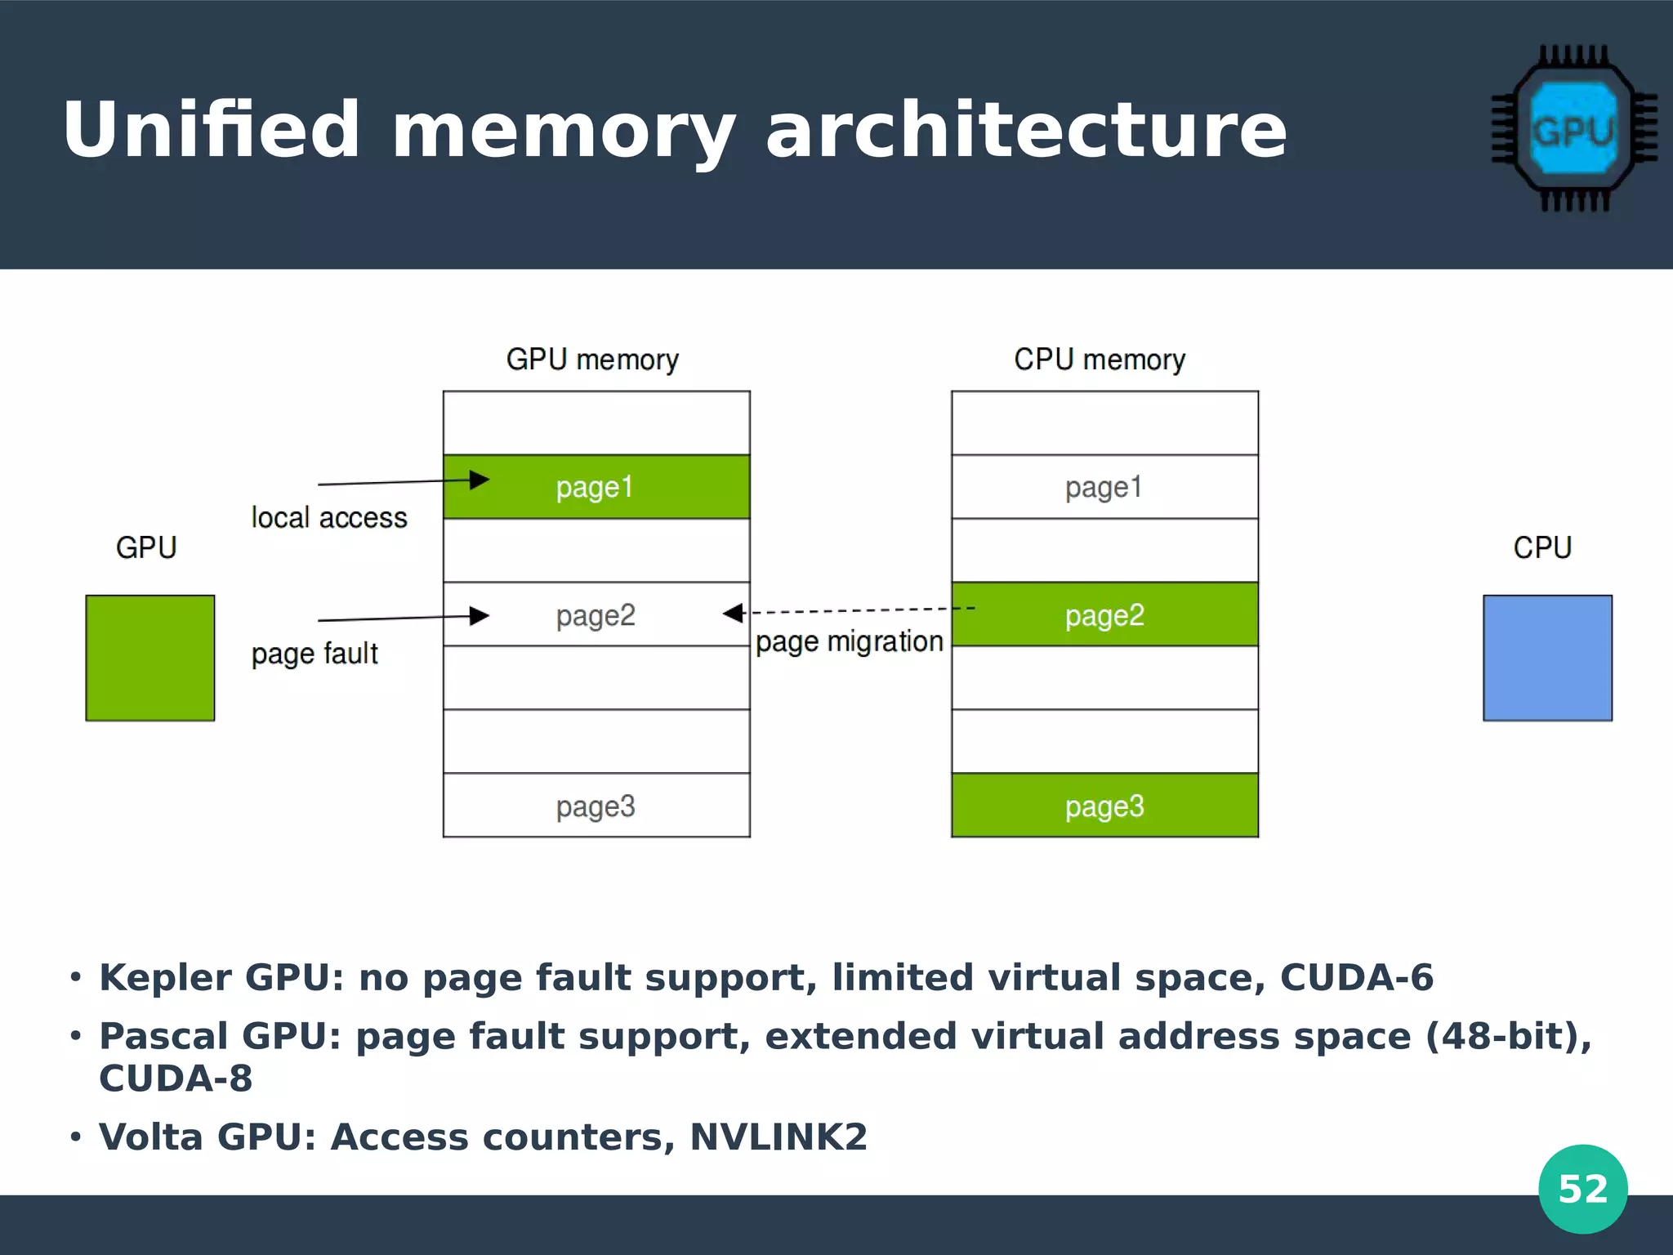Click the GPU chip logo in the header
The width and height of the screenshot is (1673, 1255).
click(1573, 129)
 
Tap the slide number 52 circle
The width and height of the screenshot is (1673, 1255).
click(1582, 1189)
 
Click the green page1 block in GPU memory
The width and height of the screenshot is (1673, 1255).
click(596, 487)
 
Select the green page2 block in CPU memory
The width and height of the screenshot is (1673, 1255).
click(1104, 614)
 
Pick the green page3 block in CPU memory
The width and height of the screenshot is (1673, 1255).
click(1104, 806)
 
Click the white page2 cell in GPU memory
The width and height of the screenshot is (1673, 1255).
click(596, 614)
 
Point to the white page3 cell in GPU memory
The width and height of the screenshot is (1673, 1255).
click(596, 806)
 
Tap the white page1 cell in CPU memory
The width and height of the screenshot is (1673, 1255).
click(1104, 487)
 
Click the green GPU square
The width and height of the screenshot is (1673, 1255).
click(150, 658)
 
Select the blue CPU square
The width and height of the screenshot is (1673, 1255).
click(1547, 658)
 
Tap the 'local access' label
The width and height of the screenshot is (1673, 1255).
click(328, 518)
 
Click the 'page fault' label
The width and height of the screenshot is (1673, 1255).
click(315, 654)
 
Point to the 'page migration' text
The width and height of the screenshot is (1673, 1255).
click(850, 642)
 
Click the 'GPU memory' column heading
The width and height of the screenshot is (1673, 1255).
click(592, 360)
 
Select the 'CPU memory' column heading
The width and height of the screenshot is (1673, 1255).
click(1100, 360)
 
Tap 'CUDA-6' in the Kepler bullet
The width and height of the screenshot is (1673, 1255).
click(1356, 977)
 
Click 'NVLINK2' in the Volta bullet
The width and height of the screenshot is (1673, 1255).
click(778, 1137)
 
